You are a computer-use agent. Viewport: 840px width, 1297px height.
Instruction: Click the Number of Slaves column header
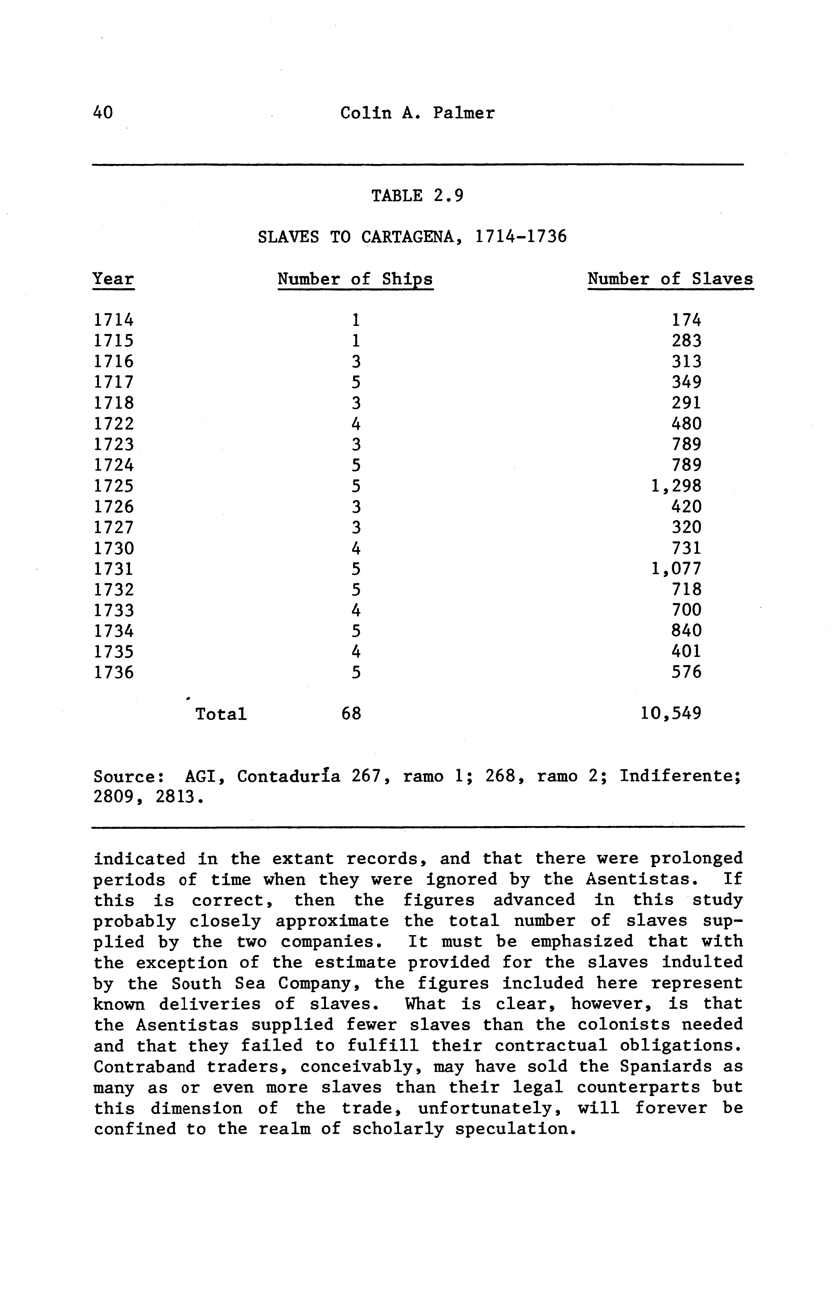(x=670, y=279)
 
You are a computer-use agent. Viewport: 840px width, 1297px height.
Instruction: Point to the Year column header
(x=113, y=279)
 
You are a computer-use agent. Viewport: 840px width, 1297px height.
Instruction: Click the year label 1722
(x=113, y=424)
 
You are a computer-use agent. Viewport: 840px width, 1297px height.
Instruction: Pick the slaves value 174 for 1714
(x=686, y=320)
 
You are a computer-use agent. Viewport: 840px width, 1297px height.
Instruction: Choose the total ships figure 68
(x=351, y=713)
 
